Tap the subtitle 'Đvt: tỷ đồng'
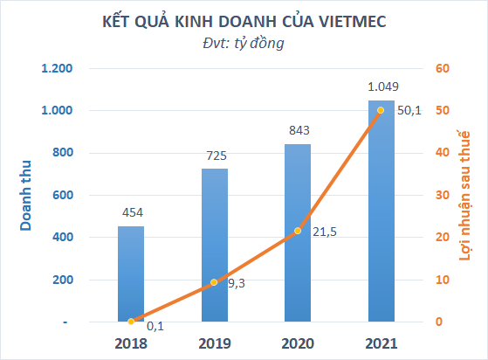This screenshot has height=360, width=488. pyautogui.click(x=244, y=43)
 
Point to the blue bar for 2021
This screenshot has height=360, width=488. pyautogui.click(x=381, y=211)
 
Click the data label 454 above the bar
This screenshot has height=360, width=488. pyautogui.click(x=131, y=211)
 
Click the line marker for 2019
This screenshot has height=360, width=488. pyautogui.click(x=215, y=282)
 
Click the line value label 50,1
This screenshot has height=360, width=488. pyautogui.click(x=409, y=110)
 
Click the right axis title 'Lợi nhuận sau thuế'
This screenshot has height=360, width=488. pyautogui.click(x=465, y=195)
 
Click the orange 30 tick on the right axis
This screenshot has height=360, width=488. pyautogui.click(x=443, y=195)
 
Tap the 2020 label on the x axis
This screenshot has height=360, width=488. pyautogui.click(x=298, y=343)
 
